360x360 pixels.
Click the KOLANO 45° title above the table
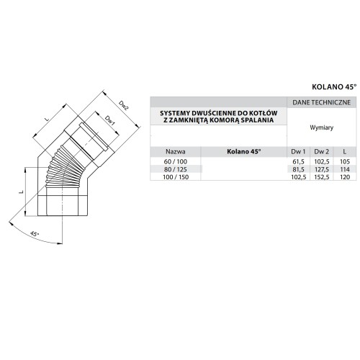coord(334,87)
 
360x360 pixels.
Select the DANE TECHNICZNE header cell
coord(322,102)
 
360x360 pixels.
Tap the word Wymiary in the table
coord(322,127)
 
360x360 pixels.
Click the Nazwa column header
coord(176,152)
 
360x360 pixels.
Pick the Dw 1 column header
coord(298,152)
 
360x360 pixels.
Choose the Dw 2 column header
coord(322,152)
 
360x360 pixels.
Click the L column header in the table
coord(345,152)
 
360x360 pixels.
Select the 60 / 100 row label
coord(176,162)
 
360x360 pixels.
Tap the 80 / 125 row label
coord(176,169)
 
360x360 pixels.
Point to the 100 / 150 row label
coord(176,177)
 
